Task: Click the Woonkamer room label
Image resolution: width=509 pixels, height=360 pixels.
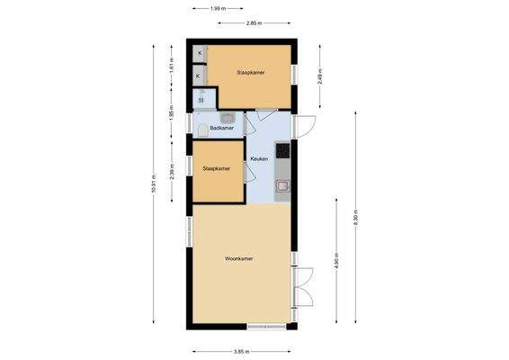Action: [x=239, y=258]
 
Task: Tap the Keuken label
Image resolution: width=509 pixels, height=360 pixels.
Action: [x=260, y=158]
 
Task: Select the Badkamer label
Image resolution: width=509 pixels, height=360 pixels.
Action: [x=222, y=128]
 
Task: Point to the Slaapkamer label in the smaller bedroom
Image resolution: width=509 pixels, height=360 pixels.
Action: [x=217, y=168]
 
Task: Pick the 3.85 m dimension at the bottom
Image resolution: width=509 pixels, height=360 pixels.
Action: [x=241, y=351]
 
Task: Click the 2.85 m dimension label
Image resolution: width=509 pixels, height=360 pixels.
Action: [x=254, y=23]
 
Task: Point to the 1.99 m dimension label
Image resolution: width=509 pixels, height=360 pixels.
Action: [x=216, y=8]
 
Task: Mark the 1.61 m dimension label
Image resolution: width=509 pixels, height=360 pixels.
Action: [x=172, y=65]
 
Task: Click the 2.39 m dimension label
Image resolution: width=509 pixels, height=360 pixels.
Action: [x=172, y=168]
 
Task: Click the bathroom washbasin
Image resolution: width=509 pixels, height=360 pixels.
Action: [x=228, y=117]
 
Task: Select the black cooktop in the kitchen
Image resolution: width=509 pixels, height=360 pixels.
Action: [x=282, y=150]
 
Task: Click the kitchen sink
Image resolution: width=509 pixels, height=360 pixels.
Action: [x=282, y=186]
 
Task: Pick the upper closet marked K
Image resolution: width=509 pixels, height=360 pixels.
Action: [x=198, y=55]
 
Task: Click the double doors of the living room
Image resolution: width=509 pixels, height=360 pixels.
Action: [x=304, y=288]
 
